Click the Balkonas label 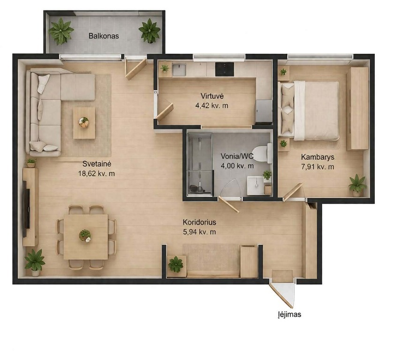[x=104, y=36]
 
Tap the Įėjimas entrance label [x=289, y=315]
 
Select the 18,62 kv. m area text [x=97, y=173]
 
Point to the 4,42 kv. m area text [x=212, y=105]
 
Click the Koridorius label [x=199, y=222]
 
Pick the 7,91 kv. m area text [x=318, y=166]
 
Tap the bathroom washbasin [x=256, y=185]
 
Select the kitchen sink [x=179, y=69]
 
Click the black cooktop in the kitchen [x=225, y=69]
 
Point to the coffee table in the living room [x=84, y=123]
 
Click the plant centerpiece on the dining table [x=85, y=236]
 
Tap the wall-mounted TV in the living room [x=26, y=209]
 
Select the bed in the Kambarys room [x=311, y=111]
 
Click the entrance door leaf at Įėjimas [x=281, y=295]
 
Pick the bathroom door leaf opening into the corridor [x=229, y=204]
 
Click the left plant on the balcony [x=61, y=31]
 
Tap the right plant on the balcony [x=150, y=30]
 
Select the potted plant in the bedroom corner [x=357, y=185]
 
